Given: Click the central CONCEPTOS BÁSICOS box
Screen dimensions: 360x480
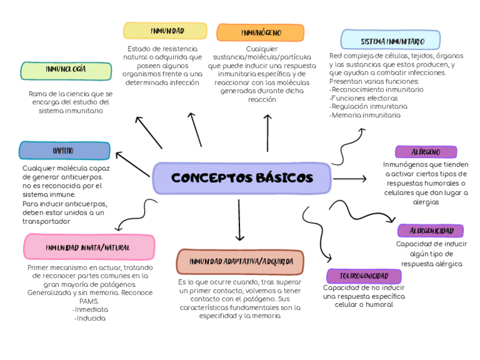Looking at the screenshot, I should (242, 178).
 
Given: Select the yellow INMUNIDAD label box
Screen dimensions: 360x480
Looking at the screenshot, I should (167, 31).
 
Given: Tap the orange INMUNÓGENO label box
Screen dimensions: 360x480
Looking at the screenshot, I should (260, 33).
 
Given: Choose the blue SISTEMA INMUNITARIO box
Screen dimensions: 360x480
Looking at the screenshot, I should (391, 41).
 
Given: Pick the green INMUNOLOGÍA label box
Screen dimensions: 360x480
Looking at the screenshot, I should (66, 70).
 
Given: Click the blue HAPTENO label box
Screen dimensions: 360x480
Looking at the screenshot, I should (64, 151).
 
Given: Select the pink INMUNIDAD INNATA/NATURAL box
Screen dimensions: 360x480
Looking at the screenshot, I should (89, 247).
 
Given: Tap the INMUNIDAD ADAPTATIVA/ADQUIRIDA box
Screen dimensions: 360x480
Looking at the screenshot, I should (241, 262).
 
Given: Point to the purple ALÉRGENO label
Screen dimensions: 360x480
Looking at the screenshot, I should (426, 152).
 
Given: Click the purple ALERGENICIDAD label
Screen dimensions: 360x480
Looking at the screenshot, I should (431, 230).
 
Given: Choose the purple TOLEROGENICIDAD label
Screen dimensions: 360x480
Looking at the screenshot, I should (364, 276).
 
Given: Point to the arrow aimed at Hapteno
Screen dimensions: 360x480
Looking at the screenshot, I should (131, 162).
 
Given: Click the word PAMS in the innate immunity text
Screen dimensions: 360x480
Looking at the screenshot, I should (89, 301).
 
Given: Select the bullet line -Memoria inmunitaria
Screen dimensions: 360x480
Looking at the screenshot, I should (365, 115).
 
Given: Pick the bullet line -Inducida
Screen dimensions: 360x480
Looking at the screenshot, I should (90, 318).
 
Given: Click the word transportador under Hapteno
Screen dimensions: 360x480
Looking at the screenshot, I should (46, 221).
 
